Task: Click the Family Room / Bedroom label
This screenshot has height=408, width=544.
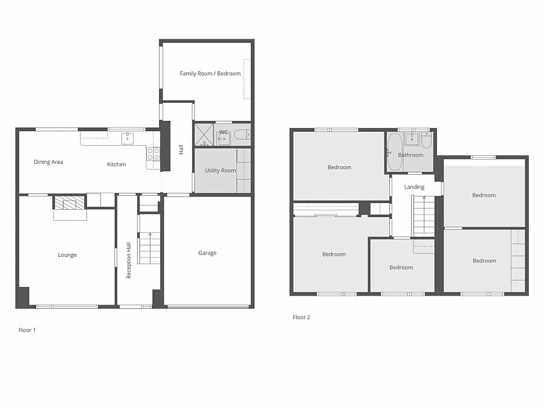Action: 210,74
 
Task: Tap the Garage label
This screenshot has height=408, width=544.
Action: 207,253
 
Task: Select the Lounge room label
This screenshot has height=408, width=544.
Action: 67,255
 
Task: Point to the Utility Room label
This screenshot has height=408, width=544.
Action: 220,170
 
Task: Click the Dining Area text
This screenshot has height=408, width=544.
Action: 48,161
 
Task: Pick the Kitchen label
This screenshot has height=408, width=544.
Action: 117,164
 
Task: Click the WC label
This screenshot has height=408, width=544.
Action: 224,132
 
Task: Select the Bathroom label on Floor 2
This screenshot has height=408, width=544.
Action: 410,155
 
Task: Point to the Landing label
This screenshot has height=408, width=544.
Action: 414,187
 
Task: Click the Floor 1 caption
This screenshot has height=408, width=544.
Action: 27,330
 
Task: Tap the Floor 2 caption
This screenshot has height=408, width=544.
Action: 301,317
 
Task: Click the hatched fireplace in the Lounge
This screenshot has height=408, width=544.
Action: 70,202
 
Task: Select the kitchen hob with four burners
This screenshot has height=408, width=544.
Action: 153,154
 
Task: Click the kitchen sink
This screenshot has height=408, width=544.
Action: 128,138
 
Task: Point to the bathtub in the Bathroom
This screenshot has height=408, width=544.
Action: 395,152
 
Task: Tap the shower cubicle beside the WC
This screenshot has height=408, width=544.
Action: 204,135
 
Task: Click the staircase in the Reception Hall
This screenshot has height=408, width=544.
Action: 149,239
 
